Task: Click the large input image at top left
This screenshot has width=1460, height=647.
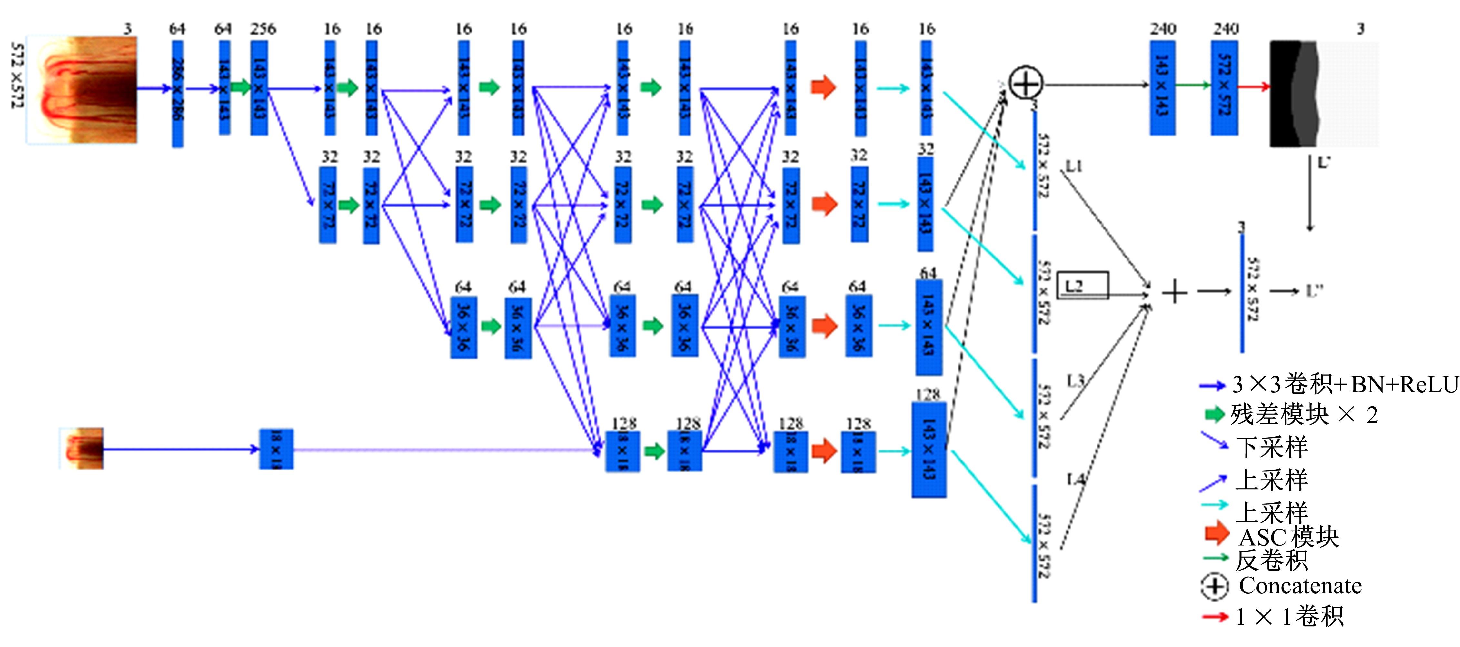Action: pos(82,89)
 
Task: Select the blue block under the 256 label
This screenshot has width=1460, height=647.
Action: pos(259,88)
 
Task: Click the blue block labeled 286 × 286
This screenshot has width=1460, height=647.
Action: pos(177,94)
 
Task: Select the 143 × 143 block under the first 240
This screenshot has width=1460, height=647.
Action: pos(1162,88)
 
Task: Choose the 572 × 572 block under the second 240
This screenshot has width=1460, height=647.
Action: pos(1224,88)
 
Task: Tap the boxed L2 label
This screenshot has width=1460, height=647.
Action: pos(1083,285)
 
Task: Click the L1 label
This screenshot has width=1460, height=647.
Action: pos(1074,166)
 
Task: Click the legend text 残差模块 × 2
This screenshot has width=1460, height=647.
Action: pos(1304,415)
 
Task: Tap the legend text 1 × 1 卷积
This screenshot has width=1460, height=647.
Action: pos(1289,616)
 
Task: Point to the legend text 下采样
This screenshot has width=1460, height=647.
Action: pos(1272,447)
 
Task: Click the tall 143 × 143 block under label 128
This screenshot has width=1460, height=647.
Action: pos(929,450)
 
